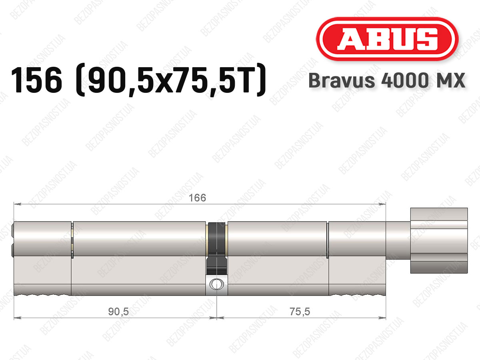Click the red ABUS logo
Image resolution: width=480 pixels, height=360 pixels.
(387, 39)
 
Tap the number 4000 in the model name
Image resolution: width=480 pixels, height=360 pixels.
(405, 80)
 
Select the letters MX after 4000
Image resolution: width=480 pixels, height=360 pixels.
(449, 80)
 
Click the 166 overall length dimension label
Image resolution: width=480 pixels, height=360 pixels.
(197, 198)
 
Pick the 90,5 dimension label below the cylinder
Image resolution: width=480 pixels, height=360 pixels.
(118, 312)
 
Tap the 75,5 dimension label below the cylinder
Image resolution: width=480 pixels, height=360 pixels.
(300, 312)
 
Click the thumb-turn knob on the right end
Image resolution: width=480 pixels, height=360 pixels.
(439, 240)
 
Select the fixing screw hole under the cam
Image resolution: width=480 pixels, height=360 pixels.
(216, 284)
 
